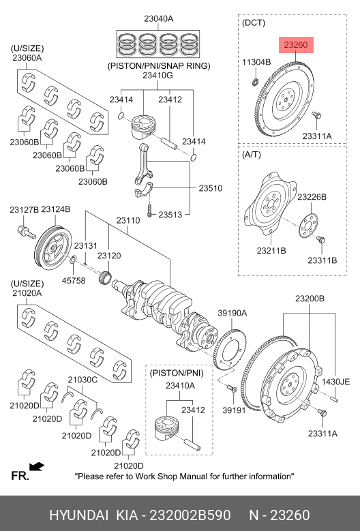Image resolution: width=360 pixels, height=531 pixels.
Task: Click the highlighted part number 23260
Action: click(x=296, y=45)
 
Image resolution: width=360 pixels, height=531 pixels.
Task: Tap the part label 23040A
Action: click(x=158, y=19)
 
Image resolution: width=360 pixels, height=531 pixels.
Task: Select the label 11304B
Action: click(x=256, y=62)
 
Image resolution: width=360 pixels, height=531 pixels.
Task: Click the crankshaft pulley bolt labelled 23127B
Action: click(x=27, y=232)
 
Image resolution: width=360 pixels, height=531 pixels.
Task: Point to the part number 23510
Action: click(x=210, y=188)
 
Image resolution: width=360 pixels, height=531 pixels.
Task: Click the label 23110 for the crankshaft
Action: click(x=128, y=220)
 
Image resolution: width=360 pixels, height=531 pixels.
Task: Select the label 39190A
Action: click(x=232, y=314)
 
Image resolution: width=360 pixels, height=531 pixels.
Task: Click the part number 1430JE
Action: click(x=335, y=382)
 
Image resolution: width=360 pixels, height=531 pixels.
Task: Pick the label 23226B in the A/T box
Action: click(x=312, y=197)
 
